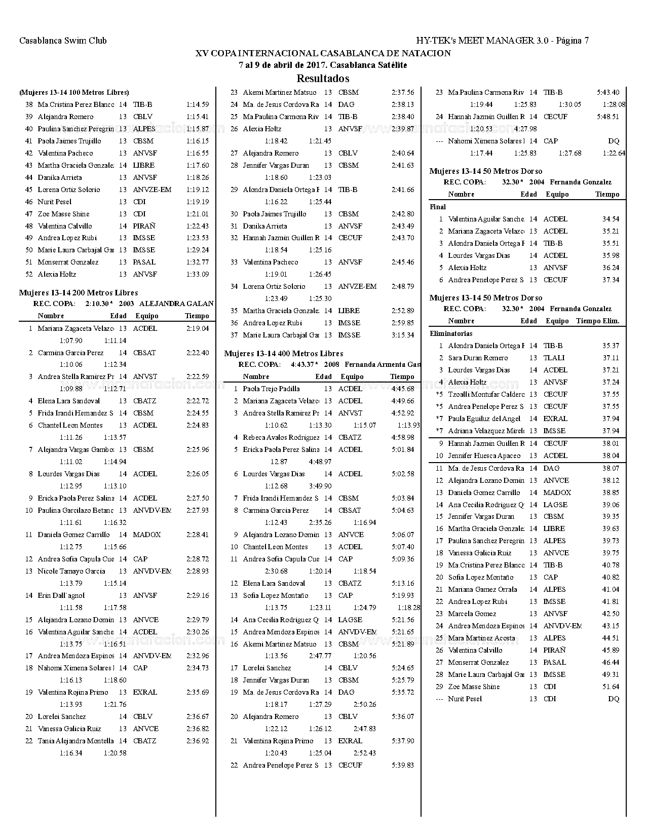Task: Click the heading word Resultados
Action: [x=323, y=79]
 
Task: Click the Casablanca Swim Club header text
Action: [x=63, y=41]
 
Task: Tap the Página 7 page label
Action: [x=572, y=41]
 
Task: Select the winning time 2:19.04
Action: [x=198, y=328]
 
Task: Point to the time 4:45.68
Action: [x=403, y=389]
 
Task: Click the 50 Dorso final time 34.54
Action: [x=611, y=219]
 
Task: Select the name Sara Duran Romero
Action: [x=478, y=358]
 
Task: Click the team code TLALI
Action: [x=554, y=358]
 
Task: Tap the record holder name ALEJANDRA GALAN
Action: [x=176, y=303]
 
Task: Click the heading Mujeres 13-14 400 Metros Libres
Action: [x=284, y=354]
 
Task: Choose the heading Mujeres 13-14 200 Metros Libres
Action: [x=79, y=293]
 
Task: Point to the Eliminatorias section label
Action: [x=451, y=333]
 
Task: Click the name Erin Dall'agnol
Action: [x=61, y=596]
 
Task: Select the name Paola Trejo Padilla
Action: [x=271, y=389]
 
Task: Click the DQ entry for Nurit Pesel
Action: [x=613, y=699]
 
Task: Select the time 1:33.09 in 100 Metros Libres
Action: [x=198, y=275]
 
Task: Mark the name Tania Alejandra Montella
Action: [x=75, y=741]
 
